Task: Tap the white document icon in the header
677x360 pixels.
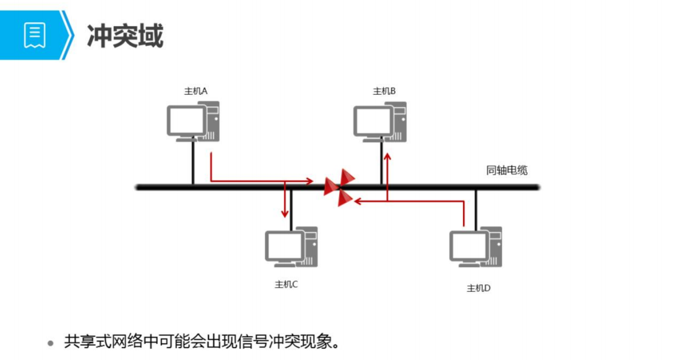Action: tap(35, 35)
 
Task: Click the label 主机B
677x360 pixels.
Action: tap(384, 91)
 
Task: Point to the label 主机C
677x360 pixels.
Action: tap(287, 285)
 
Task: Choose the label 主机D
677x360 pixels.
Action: tap(478, 288)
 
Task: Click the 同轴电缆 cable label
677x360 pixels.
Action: tap(507, 171)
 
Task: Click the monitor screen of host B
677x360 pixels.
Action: tap(373, 121)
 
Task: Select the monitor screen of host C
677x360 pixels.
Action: tap(284, 246)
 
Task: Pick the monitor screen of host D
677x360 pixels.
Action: tap(468, 246)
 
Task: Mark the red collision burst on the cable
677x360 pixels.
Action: tap(339, 187)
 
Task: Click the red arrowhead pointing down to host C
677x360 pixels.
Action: tap(285, 213)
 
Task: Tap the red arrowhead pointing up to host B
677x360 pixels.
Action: tap(387, 158)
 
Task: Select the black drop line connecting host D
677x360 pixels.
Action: tap(475, 208)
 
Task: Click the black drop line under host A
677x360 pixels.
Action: tap(193, 162)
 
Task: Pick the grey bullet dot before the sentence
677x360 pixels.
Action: tap(51, 343)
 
